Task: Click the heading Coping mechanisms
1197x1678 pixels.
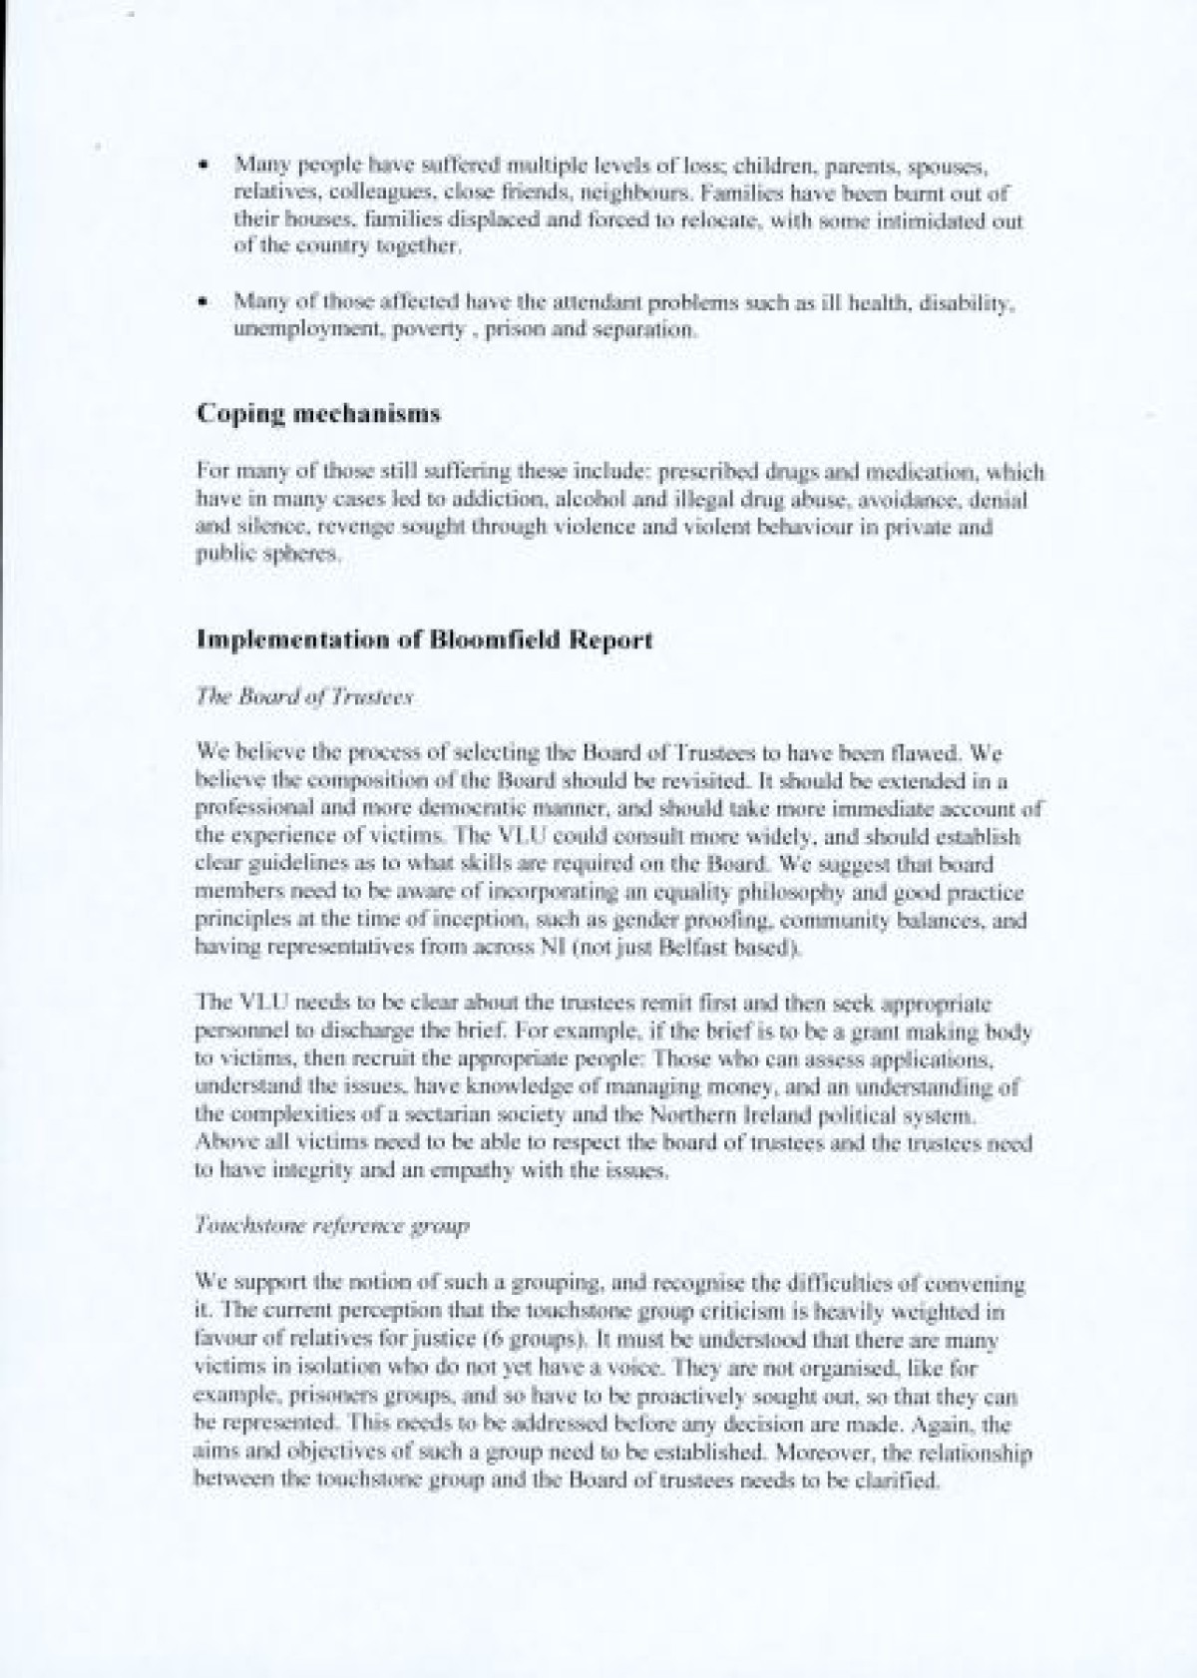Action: pos(318,414)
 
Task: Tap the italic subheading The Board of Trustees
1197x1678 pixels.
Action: pos(304,698)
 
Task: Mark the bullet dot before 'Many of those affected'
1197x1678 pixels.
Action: pos(204,300)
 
